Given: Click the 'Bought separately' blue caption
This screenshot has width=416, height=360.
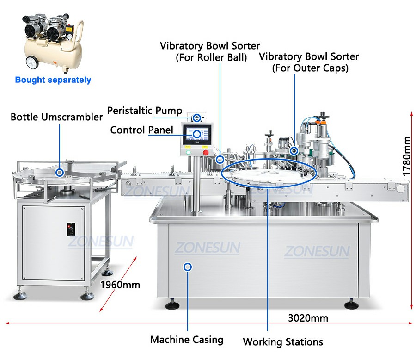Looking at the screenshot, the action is (x=53, y=80).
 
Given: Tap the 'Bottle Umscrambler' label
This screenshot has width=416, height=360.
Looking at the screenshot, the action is (x=56, y=117).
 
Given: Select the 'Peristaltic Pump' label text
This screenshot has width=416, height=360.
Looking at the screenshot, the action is (x=145, y=111).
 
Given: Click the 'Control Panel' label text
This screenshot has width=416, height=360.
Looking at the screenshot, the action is (x=142, y=130).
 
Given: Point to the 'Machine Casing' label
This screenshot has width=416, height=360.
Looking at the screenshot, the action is (x=187, y=340).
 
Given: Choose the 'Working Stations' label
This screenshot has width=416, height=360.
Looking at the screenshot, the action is (x=283, y=342).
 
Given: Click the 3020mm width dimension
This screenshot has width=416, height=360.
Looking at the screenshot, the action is (x=308, y=318).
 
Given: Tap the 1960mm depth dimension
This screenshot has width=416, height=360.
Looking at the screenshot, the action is (x=120, y=285).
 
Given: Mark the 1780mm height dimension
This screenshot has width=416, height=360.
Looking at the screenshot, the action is (x=406, y=156).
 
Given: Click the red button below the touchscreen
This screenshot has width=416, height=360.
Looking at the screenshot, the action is (x=206, y=153).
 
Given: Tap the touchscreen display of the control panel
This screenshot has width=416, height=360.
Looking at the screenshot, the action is (x=197, y=134).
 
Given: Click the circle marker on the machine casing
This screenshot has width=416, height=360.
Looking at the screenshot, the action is (x=188, y=267).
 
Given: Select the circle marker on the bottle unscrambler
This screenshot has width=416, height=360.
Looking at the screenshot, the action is (x=60, y=173).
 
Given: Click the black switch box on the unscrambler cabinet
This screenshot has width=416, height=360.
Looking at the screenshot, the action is (x=71, y=230).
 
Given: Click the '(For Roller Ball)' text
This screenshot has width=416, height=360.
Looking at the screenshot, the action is (x=211, y=57).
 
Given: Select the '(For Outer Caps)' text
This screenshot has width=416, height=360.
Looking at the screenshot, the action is (x=310, y=68).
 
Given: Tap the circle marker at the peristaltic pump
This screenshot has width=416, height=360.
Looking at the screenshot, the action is (x=196, y=118).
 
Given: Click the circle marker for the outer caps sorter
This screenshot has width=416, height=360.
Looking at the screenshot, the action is (x=294, y=151).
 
